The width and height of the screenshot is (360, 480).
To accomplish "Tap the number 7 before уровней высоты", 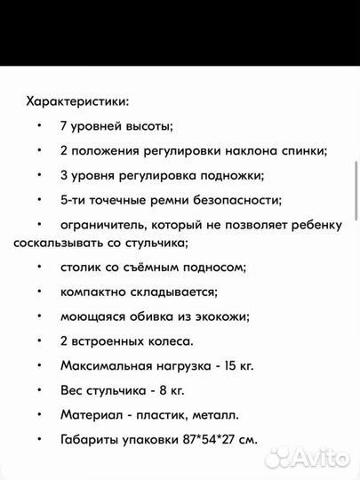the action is tap(63, 127).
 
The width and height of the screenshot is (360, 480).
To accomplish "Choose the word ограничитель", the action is tap(101, 225).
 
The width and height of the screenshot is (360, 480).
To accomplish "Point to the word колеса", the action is tap(168, 340).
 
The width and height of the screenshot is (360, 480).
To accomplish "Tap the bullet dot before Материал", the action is tap(40, 414).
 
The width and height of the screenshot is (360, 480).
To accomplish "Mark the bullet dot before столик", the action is tap(40, 268).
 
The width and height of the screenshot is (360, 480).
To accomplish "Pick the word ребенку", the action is tap(315, 225).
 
